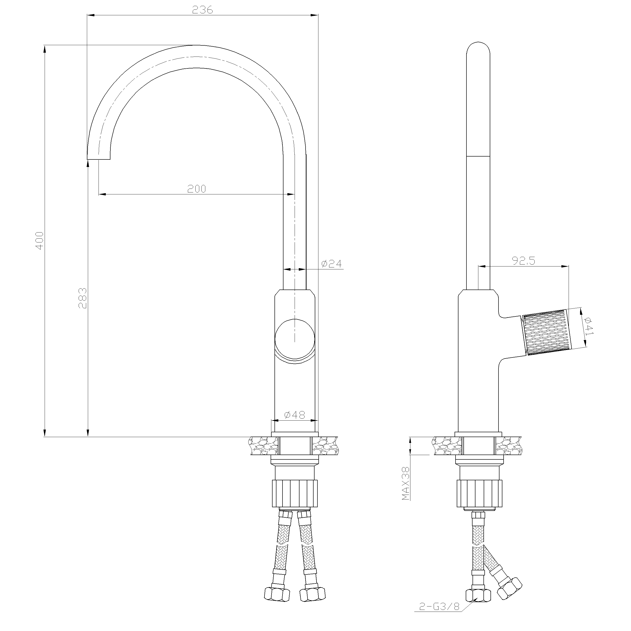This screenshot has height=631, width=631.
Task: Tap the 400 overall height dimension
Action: click(39, 241)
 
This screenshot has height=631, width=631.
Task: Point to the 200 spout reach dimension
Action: click(197, 189)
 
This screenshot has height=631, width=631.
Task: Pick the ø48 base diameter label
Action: click(295, 415)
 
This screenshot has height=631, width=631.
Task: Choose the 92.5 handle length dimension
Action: click(523, 261)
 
